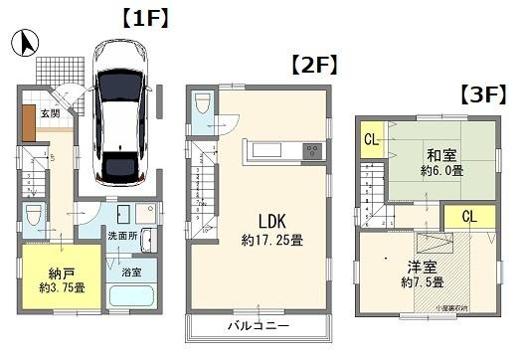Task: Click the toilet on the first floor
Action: (32, 216)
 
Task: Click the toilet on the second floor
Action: (202, 105)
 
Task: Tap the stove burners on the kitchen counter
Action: (312, 152)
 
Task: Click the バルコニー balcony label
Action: (258, 325)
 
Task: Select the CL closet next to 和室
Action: (370, 139)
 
